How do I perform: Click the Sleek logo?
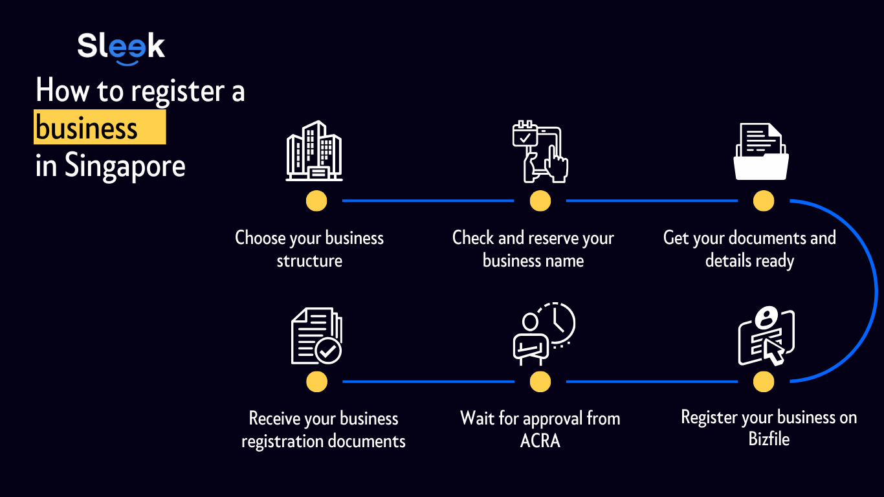click(121, 47)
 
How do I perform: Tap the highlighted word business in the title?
click(87, 128)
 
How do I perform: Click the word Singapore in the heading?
click(125, 166)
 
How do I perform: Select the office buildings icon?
click(315, 151)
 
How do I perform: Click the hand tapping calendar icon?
click(540, 151)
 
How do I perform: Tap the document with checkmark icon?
click(316, 337)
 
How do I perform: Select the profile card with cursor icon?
click(766, 337)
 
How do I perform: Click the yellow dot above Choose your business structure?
click(316, 201)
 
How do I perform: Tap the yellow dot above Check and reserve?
click(540, 201)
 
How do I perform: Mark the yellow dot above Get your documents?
click(764, 201)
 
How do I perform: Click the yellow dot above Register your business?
click(764, 382)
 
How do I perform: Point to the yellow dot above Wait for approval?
click(540, 382)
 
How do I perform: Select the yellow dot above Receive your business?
click(316, 382)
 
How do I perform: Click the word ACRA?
click(540, 441)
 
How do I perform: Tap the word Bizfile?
click(769, 439)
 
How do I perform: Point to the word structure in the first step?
click(309, 261)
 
